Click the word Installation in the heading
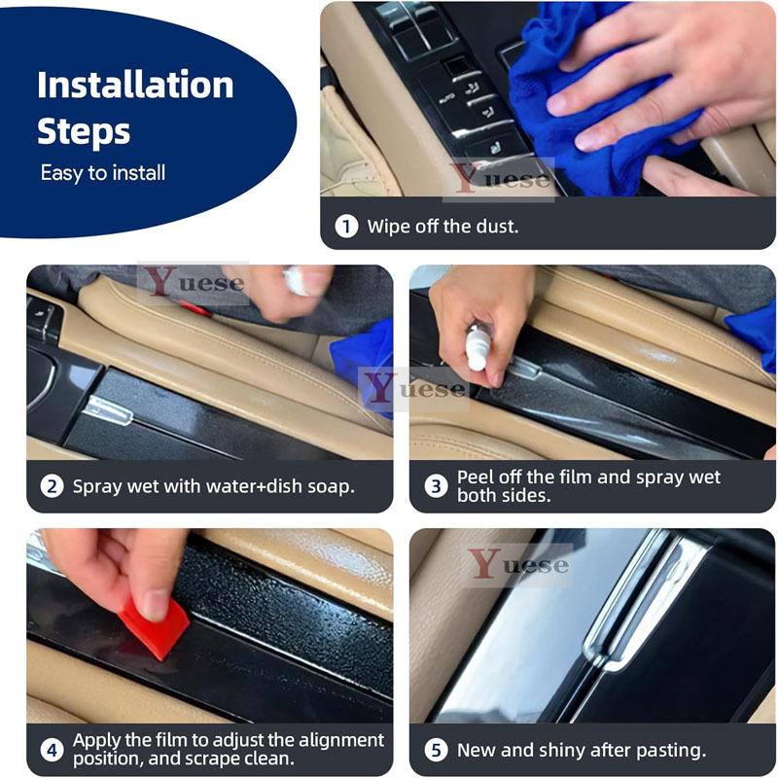[x=135, y=85]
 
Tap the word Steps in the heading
[x=84, y=132]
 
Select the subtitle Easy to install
[x=103, y=173]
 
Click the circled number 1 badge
[x=346, y=227]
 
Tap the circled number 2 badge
[x=52, y=486]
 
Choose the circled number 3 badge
[x=436, y=486]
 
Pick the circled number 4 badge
[x=52, y=750]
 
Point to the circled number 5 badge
[x=436, y=750]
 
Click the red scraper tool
[x=154, y=627]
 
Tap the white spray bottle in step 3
[x=477, y=348]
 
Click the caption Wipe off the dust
[x=442, y=227]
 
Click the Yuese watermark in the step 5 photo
[x=518, y=564]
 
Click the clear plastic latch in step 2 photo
[x=108, y=409]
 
